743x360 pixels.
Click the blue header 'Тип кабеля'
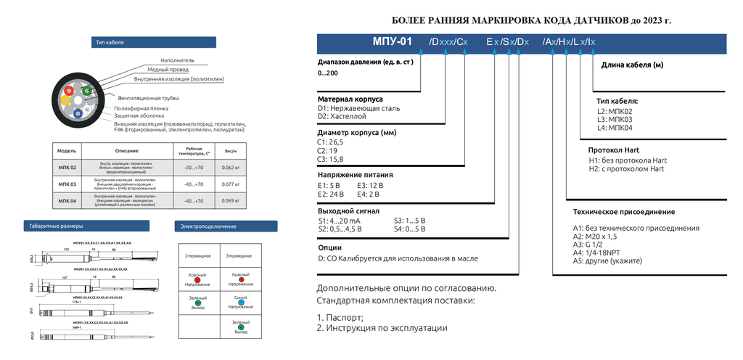(x=110, y=43)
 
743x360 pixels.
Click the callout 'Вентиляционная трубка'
(x=148, y=97)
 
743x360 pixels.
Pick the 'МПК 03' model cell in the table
(x=67, y=184)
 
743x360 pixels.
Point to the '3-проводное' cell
(x=241, y=256)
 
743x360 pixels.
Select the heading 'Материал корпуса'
(x=350, y=99)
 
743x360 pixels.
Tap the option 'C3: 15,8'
(x=331, y=159)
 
